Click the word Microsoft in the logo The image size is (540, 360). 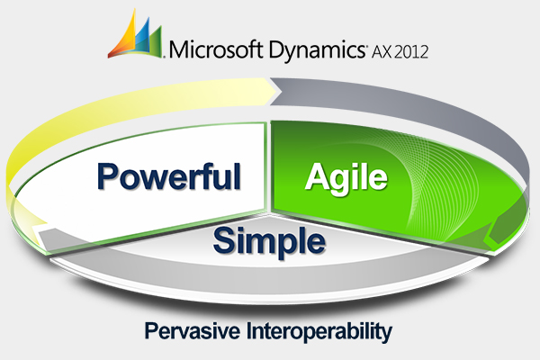[x=217, y=49]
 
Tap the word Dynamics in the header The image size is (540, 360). [x=317, y=51]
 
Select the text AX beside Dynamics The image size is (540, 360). [x=382, y=51]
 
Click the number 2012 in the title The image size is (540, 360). [x=411, y=51]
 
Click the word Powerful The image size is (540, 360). [x=169, y=176]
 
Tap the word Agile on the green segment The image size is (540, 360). [x=346, y=178]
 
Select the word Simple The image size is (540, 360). [x=269, y=241]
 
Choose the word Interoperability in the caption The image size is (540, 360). [x=319, y=332]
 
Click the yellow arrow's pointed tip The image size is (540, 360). [x=276, y=91]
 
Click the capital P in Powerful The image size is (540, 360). [x=107, y=176]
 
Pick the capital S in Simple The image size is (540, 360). [x=224, y=240]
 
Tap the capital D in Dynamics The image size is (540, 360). [x=277, y=49]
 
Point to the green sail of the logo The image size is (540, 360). [x=154, y=40]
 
